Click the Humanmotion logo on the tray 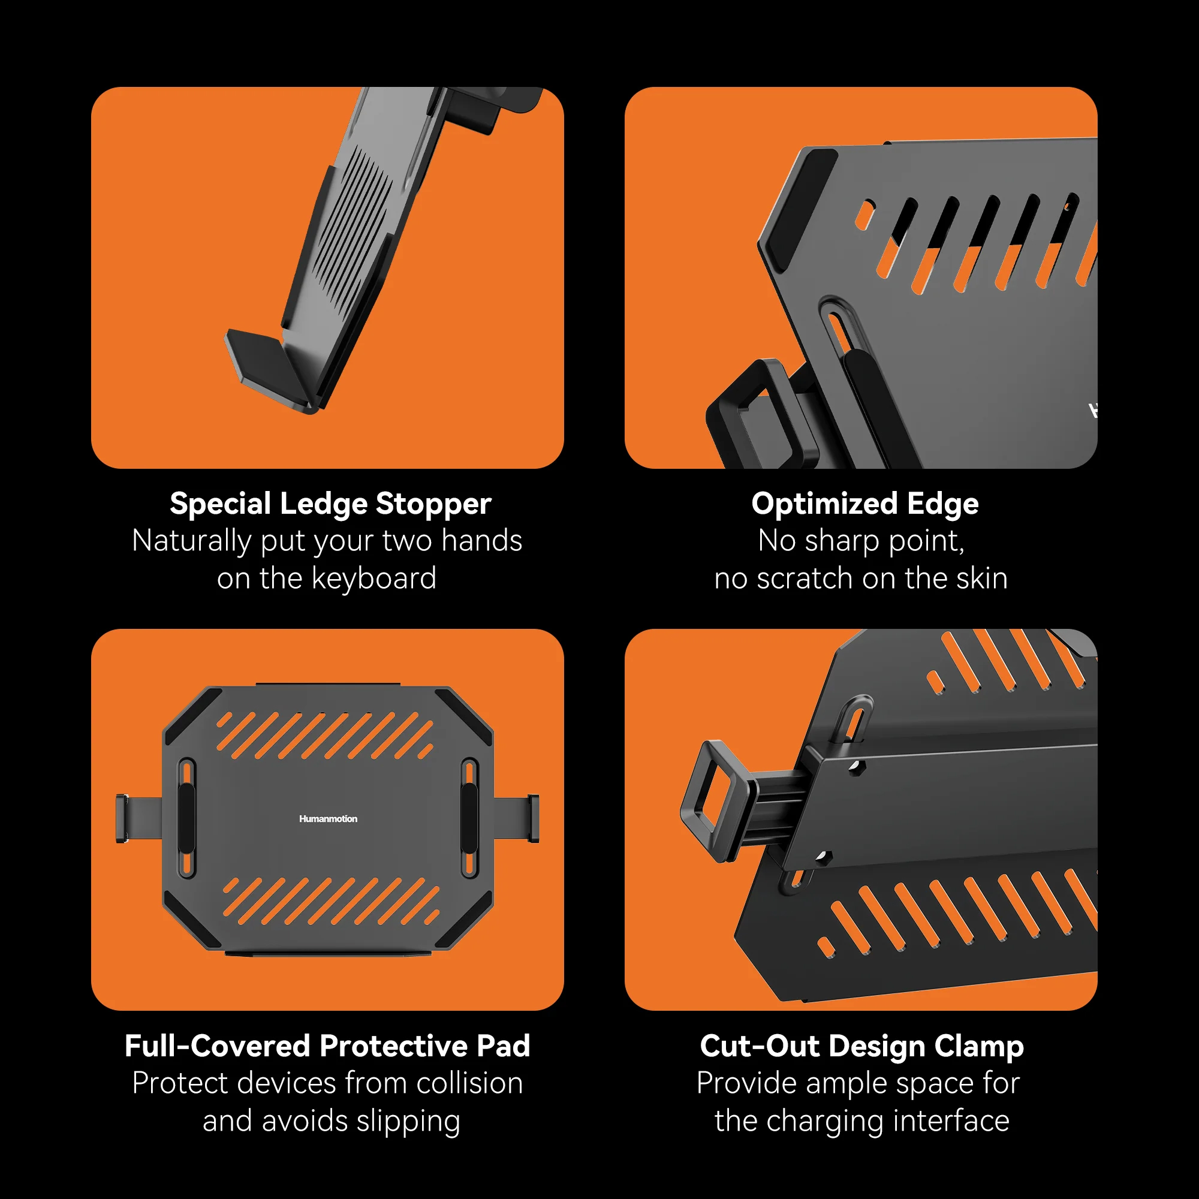(x=328, y=818)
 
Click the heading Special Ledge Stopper (x=330, y=504)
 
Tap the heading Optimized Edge (x=864, y=504)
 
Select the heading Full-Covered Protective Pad (x=327, y=1045)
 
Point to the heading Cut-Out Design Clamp (x=861, y=1046)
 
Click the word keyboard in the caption (x=373, y=579)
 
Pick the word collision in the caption (x=469, y=1083)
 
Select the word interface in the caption (x=951, y=1121)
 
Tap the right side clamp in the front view (x=516, y=818)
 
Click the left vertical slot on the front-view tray (x=187, y=818)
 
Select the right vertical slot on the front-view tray (x=469, y=818)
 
